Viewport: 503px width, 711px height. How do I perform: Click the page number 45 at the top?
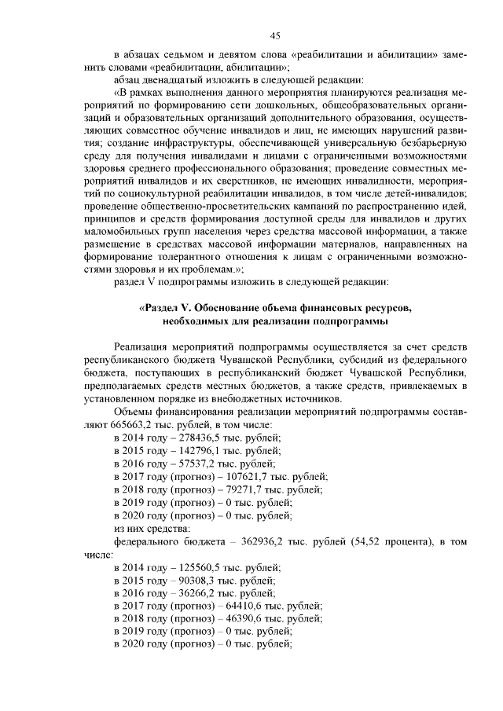(x=275, y=35)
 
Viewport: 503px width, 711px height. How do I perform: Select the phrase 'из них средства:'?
(x=149, y=530)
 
